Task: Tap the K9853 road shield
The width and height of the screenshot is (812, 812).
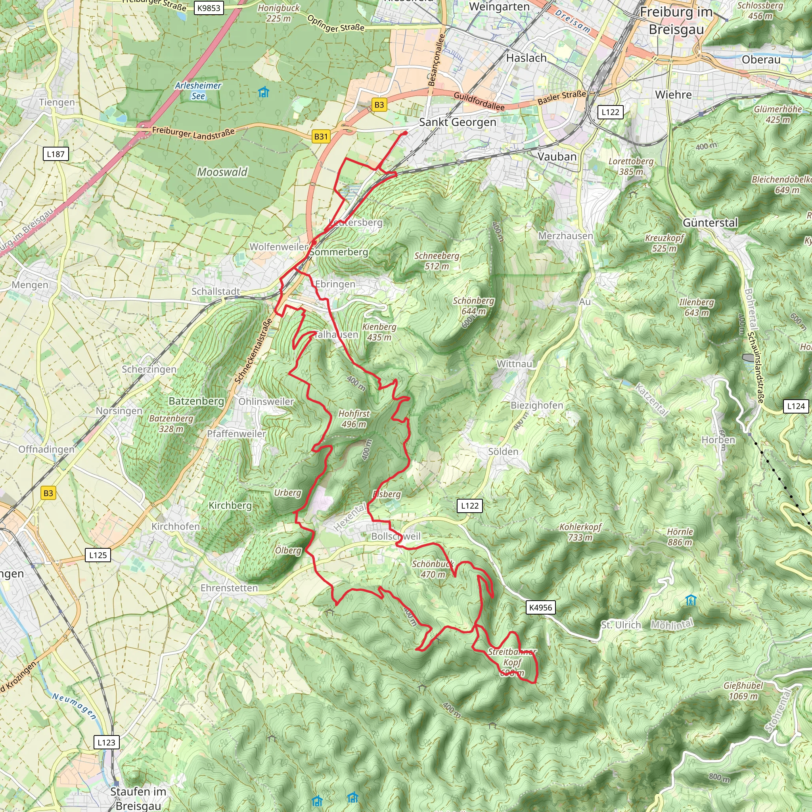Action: coord(209,8)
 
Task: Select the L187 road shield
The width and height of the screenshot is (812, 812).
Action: coord(56,154)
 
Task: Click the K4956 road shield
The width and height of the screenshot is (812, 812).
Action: coord(540,607)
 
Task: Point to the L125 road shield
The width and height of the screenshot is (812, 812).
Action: coord(98,555)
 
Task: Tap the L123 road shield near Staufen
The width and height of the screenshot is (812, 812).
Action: coord(106,742)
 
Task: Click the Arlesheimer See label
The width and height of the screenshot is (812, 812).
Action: coord(198,90)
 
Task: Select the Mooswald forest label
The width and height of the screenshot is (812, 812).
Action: coord(222,172)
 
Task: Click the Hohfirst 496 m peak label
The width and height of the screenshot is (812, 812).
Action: coord(354,419)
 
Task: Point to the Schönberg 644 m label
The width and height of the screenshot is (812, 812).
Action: coord(473,306)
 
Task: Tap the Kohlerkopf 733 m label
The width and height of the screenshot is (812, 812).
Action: coord(580,532)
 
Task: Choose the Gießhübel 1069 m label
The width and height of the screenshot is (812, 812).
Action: coord(743,691)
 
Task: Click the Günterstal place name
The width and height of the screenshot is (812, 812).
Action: coord(710,222)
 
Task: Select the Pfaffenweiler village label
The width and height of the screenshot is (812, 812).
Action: coord(236,433)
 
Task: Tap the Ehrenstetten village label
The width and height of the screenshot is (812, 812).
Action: coord(229,588)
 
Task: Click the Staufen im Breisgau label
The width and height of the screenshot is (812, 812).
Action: coord(138,798)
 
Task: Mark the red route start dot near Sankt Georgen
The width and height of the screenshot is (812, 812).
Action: coord(405,133)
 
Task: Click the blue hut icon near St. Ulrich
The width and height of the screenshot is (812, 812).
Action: coord(691,600)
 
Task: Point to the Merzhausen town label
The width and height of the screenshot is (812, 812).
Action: coord(565,236)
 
